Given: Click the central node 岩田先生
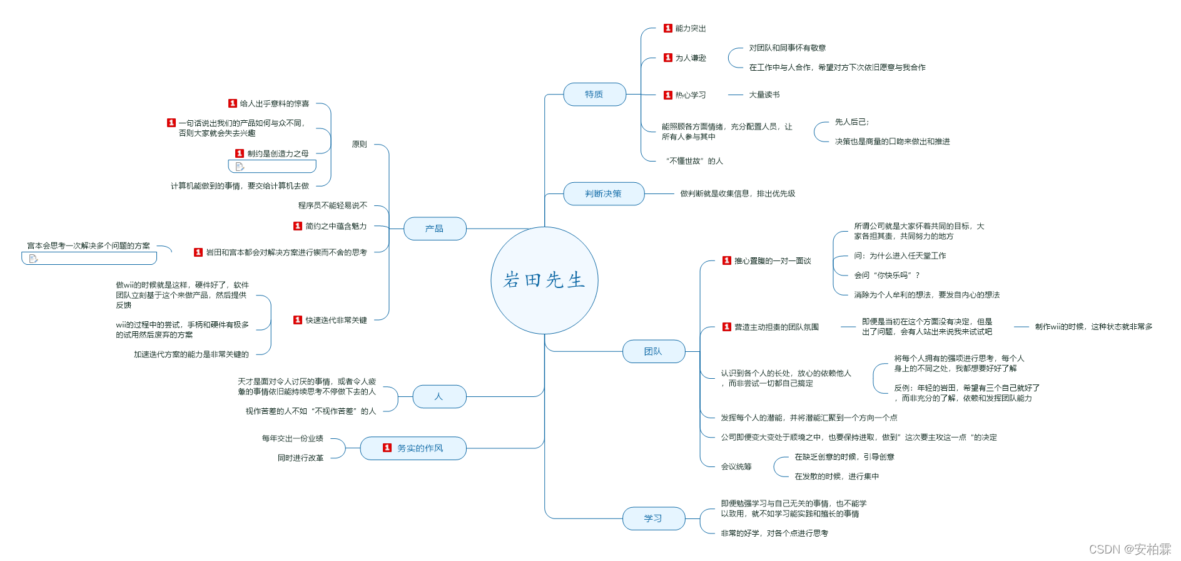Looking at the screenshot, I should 544,280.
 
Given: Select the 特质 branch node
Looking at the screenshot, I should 594,95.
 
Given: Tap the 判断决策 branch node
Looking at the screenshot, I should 604,194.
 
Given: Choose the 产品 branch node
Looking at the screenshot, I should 435,229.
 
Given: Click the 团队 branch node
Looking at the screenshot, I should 653,352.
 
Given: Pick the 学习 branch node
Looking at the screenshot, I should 653,518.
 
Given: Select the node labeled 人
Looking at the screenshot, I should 439,396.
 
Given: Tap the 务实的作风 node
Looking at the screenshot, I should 413,448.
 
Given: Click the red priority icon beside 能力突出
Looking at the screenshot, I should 668,28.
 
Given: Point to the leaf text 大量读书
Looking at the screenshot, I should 764,95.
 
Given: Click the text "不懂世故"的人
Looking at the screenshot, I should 694,161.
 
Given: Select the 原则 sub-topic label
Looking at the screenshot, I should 359,145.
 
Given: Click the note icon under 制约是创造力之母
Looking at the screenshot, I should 240,167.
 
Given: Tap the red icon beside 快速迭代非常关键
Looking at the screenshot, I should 298,320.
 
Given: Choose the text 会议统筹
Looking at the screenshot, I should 736,466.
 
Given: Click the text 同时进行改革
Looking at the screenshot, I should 300,458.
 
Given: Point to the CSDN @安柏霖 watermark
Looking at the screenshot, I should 1130,549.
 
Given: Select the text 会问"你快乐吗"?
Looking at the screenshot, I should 887,275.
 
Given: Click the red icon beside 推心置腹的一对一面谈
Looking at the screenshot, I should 727,260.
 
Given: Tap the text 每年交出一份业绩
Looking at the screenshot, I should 292,439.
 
